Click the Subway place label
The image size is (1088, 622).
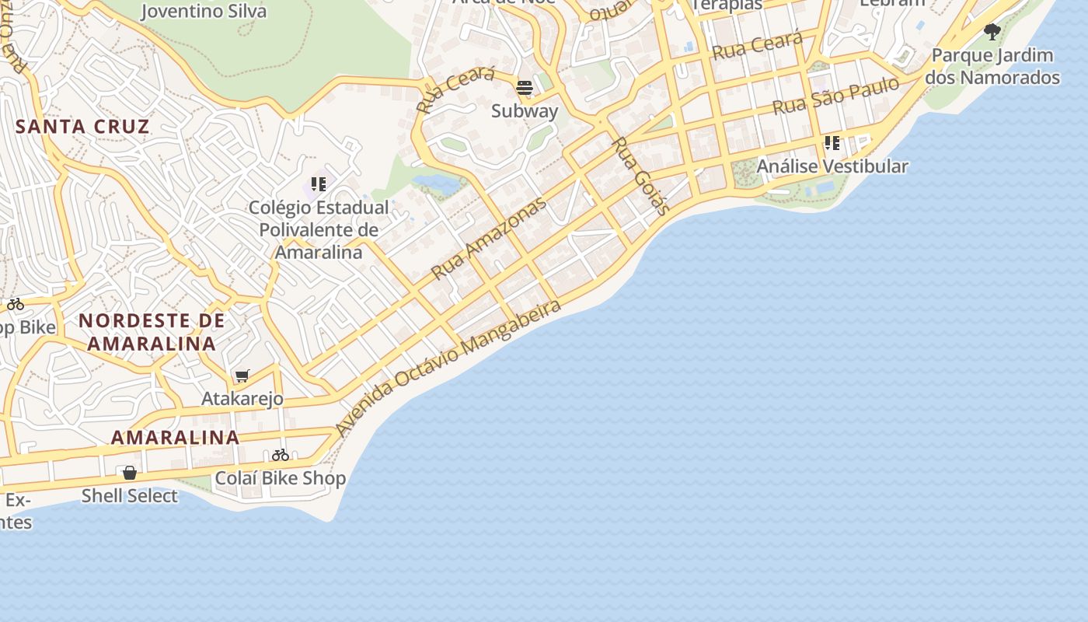coord(525,111)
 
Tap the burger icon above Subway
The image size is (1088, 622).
coord(525,87)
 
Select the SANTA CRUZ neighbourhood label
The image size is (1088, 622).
coord(82,127)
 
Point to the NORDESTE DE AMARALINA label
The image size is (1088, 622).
coord(152,332)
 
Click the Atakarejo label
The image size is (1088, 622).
coord(242,399)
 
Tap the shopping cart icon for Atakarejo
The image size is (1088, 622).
coord(242,376)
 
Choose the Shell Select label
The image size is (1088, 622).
coord(130,496)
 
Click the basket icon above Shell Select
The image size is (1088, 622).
coord(130,473)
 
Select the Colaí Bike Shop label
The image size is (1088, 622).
coord(280,478)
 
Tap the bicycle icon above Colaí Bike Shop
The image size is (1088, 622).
coord(281,455)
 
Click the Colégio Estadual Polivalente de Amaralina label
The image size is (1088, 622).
coord(319,230)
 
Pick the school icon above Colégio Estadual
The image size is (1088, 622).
coord(319,184)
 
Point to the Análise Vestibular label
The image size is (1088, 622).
coord(832,166)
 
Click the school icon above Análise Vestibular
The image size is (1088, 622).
coord(832,143)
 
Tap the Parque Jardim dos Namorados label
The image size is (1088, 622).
coord(992,66)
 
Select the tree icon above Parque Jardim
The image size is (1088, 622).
coord(992,32)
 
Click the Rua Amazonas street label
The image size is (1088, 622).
coord(489,239)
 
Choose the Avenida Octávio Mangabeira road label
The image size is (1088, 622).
coord(448,368)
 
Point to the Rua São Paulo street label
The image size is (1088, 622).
coord(835,96)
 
